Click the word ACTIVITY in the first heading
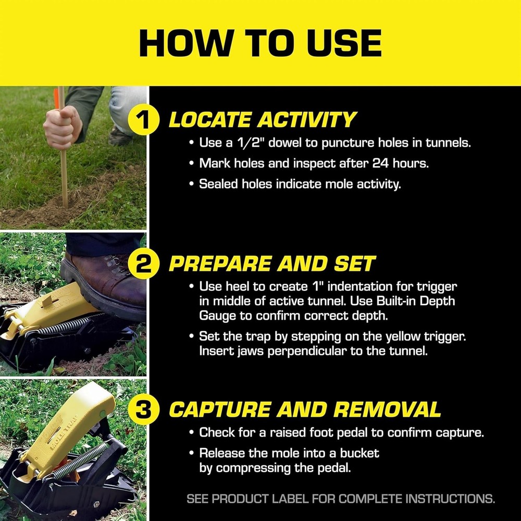coord(306,120)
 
